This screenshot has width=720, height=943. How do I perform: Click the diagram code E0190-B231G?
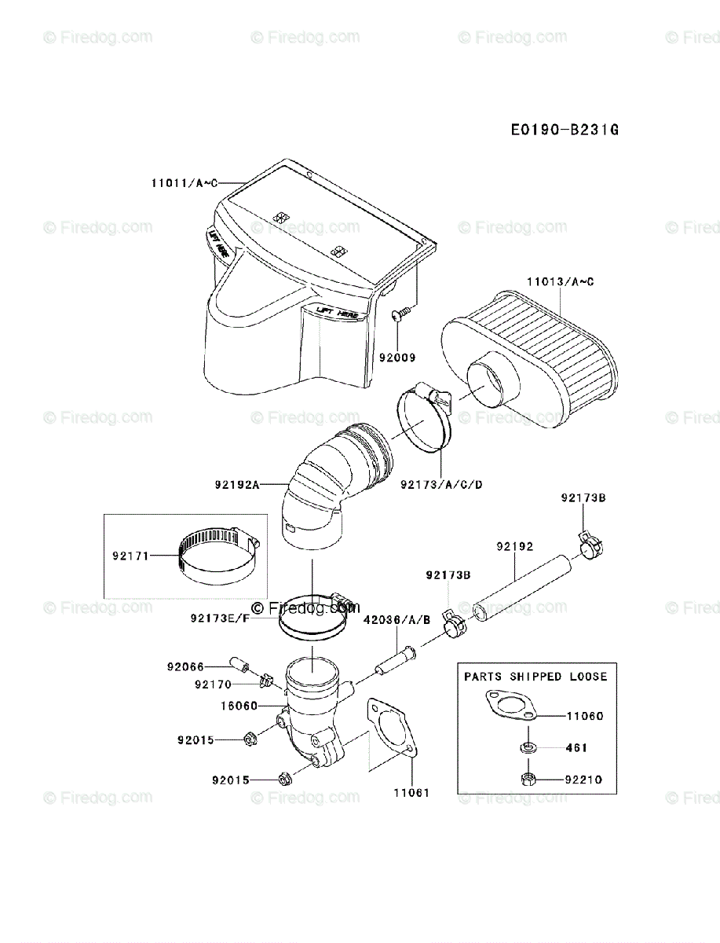(x=565, y=129)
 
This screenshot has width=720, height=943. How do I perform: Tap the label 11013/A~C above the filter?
(x=560, y=281)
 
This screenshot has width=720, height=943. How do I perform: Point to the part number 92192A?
(x=236, y=485)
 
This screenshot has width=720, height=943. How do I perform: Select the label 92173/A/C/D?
(x=440, y=484)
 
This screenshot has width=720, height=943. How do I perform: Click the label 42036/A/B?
(x=397, y=620)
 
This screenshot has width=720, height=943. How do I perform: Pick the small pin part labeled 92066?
(x=239, y=664)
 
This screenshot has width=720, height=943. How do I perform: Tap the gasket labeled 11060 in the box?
(x=509, y=705)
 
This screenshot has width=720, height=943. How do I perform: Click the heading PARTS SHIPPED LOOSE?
(x=535, y=677)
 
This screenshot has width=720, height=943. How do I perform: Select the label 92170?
(x=214, y=684)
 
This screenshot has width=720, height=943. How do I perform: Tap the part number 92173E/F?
(x=219, y=618)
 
